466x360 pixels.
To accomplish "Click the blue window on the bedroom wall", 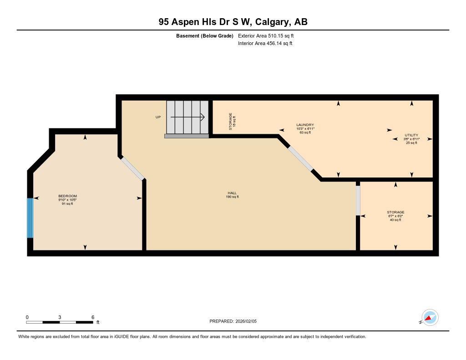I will [x=30, y=218].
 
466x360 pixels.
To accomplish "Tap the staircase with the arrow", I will [x=187, y=117].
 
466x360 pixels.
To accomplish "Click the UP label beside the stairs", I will [x=158, y=117].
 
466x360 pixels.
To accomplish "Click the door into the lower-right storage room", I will [x=358, y=201].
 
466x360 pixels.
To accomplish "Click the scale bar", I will [x=60, y=322].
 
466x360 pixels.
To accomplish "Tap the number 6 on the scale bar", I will [x=93, y=317].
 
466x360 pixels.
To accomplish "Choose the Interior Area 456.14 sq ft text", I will [x=265, y=44].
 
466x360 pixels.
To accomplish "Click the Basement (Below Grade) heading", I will [x=204, y=35].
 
